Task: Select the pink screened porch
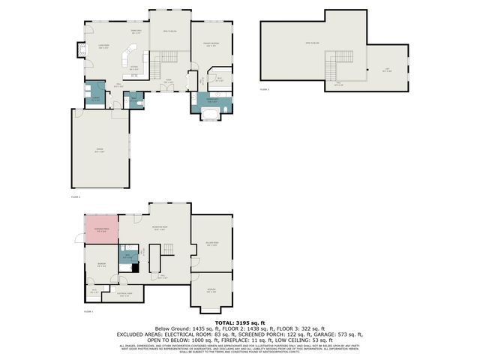(100, 229)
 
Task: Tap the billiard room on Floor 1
(211, 244)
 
